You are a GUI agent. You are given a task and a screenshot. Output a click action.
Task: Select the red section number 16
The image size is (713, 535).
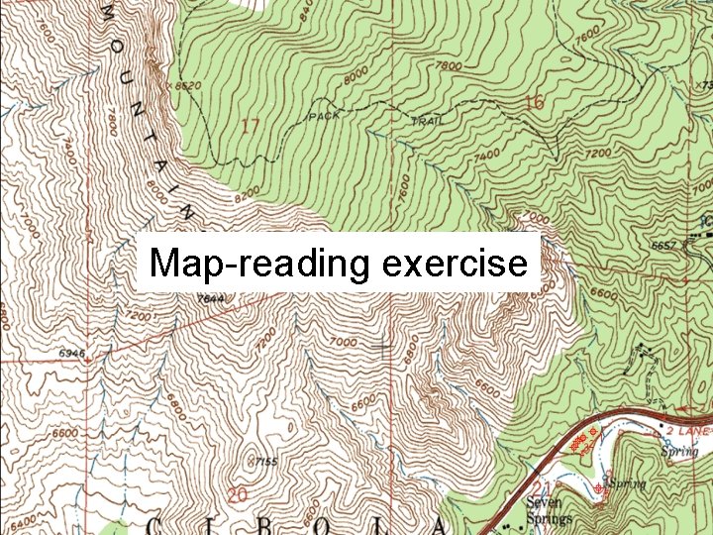pyautogui.click(x=535, y=102)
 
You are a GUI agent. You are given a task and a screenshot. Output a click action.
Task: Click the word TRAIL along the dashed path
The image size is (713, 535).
pyautogui.click(x=428, y=121)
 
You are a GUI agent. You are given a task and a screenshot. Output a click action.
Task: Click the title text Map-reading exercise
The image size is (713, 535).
pyautogui.click(x=338, y=264)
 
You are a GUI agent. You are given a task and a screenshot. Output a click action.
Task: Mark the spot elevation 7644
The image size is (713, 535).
pyautogui.click(x=211, y=298)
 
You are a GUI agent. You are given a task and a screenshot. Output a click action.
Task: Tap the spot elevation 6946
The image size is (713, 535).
pyautogui.click(x=72, y=352)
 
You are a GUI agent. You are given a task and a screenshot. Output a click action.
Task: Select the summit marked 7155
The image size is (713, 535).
pyautogui.click(x=263, y=462)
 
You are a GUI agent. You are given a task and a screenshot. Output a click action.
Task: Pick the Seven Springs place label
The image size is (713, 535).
pyautogui.click(x=550, y=510)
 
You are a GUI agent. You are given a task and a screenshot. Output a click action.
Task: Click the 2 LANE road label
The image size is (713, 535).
pyautogui.click(x=689, y=433)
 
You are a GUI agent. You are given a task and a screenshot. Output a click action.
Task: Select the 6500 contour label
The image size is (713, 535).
pyautogui.click(x=65, y=434)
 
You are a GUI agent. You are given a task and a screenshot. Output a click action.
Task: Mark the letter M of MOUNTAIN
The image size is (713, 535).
pyautogui.click(x=106, y=13)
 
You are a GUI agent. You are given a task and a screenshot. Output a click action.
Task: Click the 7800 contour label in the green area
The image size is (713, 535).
pyautogui.click(x=450, y=65)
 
